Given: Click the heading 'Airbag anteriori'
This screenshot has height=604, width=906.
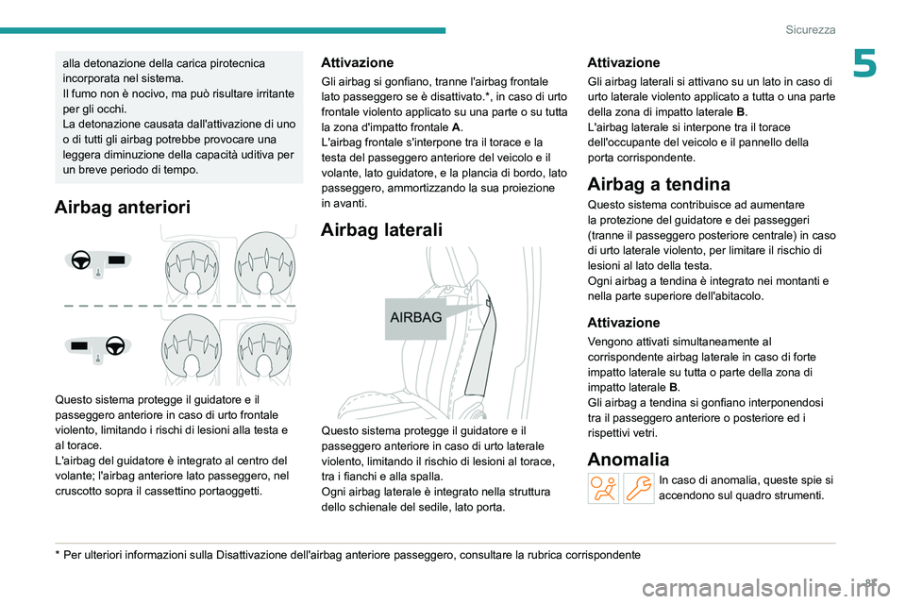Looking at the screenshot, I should (x=123, y=208).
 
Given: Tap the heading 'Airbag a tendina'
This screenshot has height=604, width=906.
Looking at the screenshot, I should (x=658, y=184).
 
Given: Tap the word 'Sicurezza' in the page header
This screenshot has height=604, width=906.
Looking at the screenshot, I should (x=811, y=29).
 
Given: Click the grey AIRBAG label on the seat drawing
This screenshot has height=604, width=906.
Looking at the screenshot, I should (x=415, y=318).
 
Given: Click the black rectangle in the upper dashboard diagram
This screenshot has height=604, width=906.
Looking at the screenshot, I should (x=116, y=259).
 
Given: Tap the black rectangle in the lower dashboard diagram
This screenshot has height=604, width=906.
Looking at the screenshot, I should (x=81, y=346).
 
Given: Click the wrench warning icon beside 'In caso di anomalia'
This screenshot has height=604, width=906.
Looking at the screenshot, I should (x=639, y=488).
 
